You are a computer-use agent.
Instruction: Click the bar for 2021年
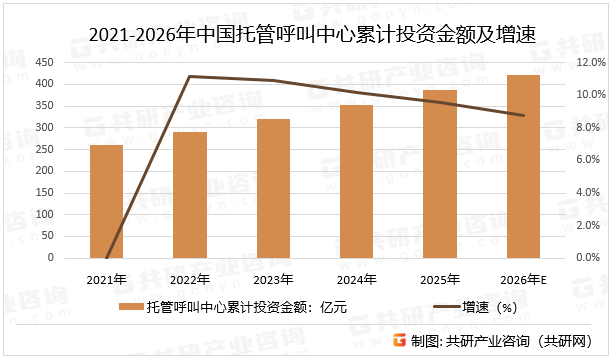coord(106,201)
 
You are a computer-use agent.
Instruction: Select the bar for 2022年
coord(189,195)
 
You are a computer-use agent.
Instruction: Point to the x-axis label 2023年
coord(273,279)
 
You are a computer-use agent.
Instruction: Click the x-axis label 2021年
coord(106,279)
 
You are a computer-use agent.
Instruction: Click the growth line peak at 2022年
coord(189,76)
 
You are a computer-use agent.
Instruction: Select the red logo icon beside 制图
coord(398,340)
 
